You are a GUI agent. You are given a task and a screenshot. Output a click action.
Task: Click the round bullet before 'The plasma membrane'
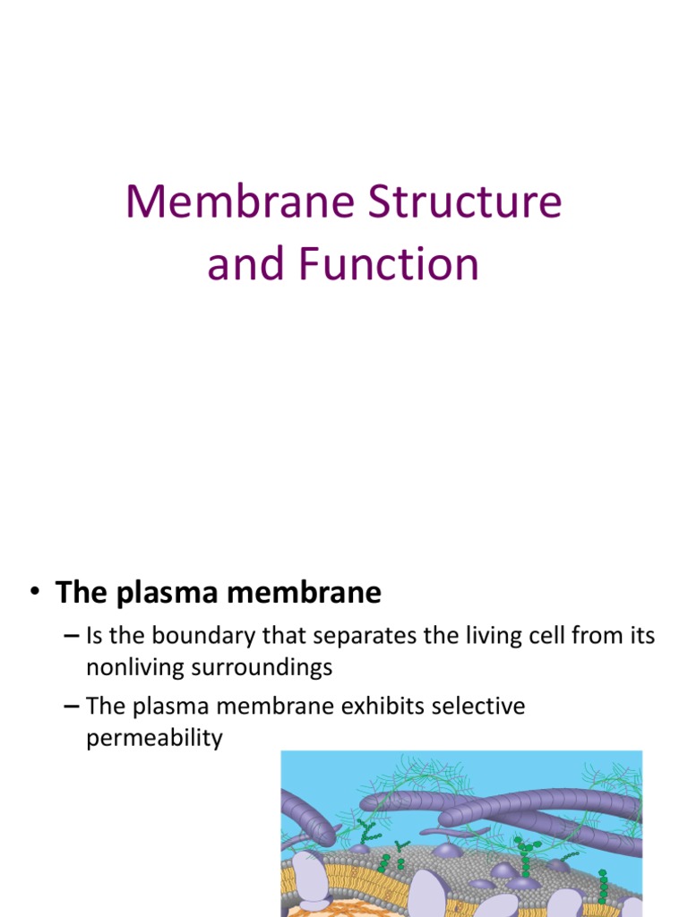click(35, 593)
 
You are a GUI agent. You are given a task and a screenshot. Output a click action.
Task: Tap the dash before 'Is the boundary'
click(73, 637)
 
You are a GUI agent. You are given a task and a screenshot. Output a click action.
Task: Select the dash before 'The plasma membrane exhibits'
click(73, 707)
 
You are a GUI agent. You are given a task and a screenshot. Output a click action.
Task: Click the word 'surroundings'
click(270, 667)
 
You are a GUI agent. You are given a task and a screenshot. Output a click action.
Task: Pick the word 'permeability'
click(154, 740)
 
